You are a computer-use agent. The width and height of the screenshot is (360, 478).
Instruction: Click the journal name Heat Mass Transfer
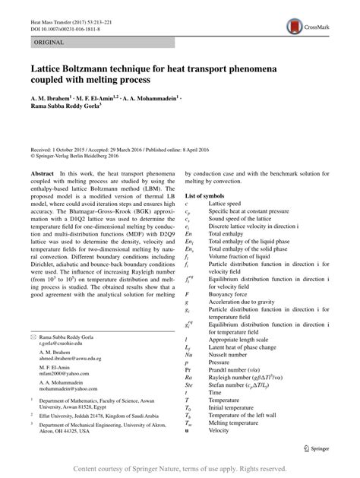coord(50,11)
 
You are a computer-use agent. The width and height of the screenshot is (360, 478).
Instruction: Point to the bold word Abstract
coord(41,173)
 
